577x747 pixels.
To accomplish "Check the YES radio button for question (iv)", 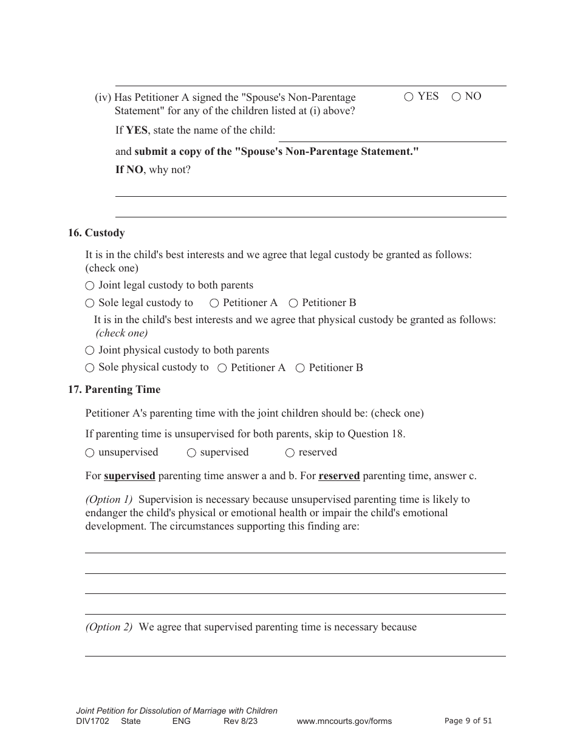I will [x=409, y=97].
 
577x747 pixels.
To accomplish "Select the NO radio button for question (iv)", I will [x=456, y=97].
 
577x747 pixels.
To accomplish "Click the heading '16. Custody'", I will [x=96, y=233].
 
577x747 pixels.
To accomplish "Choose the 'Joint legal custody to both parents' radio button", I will [x=90, y=285].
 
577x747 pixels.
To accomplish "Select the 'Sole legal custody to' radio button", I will [x=90, y=303].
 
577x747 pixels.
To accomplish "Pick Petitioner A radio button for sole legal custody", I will [x=214, y=303].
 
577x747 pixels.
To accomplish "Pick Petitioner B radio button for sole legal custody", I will [x=293, y=303].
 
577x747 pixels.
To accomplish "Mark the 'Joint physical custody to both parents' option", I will [x=90, y=350].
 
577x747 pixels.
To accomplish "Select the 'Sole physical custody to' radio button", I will [x=90, y=367].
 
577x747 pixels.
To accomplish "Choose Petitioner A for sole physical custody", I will [x=222, y=368].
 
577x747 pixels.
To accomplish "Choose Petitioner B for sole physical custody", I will [x=300, y=368].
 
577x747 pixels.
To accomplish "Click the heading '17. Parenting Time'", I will [x=114, y=390].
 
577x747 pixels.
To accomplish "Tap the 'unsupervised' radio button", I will [x=90, y=452].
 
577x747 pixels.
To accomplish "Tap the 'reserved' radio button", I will [x=290, y=452].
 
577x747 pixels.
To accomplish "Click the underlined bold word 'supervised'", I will [x=129, y=476].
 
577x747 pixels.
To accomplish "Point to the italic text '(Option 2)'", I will [x=109, y=627].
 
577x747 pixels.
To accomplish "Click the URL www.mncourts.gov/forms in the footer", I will [x=344, y=721].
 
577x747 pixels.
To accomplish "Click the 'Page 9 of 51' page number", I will [x=468, y=721].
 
